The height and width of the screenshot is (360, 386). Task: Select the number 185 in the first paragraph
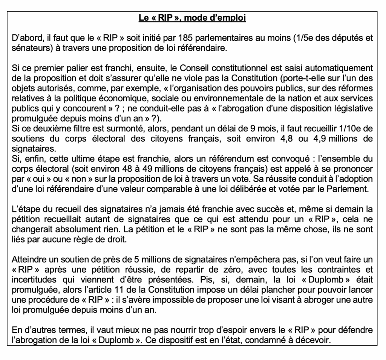point(186,38)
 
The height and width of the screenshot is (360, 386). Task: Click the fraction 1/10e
point(350,128)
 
